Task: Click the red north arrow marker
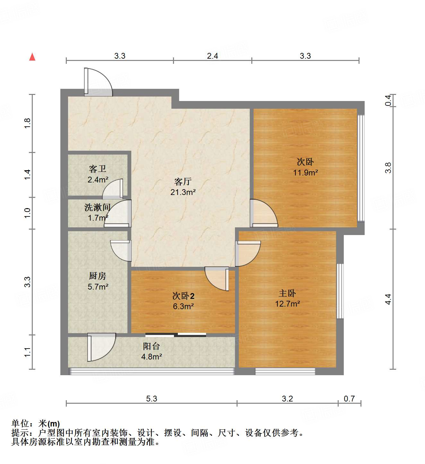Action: (x=32, y=57)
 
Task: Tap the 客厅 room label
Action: (x=183, y=182)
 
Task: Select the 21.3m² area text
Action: (x=183, y=192)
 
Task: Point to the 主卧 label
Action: (x=287, y=293)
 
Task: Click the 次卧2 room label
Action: (x=183, y=296)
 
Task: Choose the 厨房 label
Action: (x=98, y=276)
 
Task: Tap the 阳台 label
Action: (x=151, y=346)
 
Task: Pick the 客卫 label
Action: (x=98, y=169)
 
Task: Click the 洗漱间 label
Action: (x=97, y=207)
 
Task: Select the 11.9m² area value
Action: (x=305, y=173)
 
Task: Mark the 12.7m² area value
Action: (x=287, y=304)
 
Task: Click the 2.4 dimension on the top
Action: (x=212, y=56)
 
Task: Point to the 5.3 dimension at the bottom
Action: (x=152, y=399)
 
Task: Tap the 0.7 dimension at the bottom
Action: (x=349, y=399)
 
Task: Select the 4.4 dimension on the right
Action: (x=388, y=299)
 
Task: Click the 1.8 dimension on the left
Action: (x=28, y=123)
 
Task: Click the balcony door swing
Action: (x=101, y=347)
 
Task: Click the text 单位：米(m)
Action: (x=36, y=424)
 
